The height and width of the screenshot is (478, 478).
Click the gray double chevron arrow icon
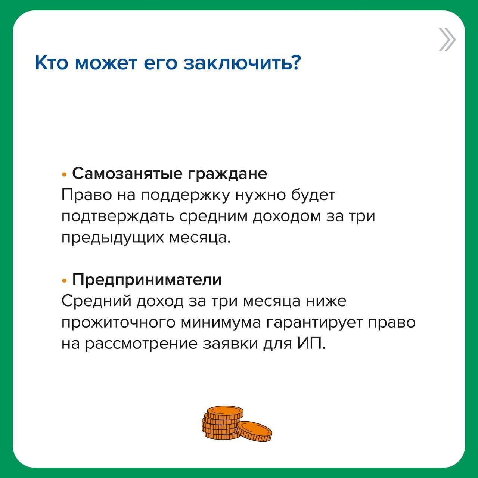447,40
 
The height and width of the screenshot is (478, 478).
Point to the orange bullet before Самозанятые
64,175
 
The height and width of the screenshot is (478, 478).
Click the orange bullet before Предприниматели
64,281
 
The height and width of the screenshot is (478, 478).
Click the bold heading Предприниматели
147,280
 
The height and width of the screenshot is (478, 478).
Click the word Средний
96,301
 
